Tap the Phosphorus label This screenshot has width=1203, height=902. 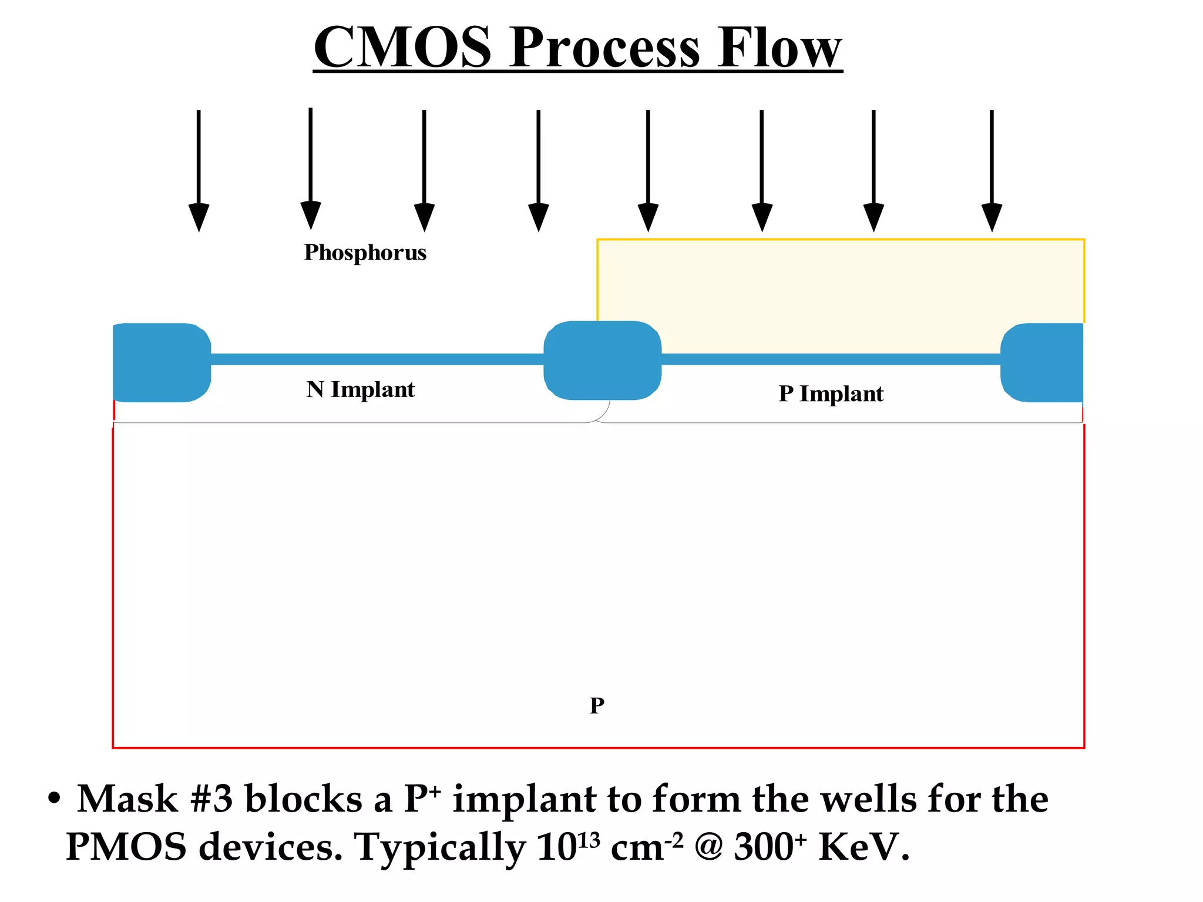[365, 253]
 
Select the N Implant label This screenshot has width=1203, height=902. [360, 389]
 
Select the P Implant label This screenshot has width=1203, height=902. [831, 393]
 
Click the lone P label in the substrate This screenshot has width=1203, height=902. [597, 705]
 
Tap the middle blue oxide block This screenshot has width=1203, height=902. [602, 361]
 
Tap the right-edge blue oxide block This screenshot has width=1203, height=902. [1043, 362]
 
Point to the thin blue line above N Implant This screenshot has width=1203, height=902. [376, 359]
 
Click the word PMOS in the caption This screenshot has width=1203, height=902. [126, 847]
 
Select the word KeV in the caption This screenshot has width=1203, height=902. [863, 847]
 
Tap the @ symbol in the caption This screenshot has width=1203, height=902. [708, 848]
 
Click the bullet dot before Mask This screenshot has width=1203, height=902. [54, 799]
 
